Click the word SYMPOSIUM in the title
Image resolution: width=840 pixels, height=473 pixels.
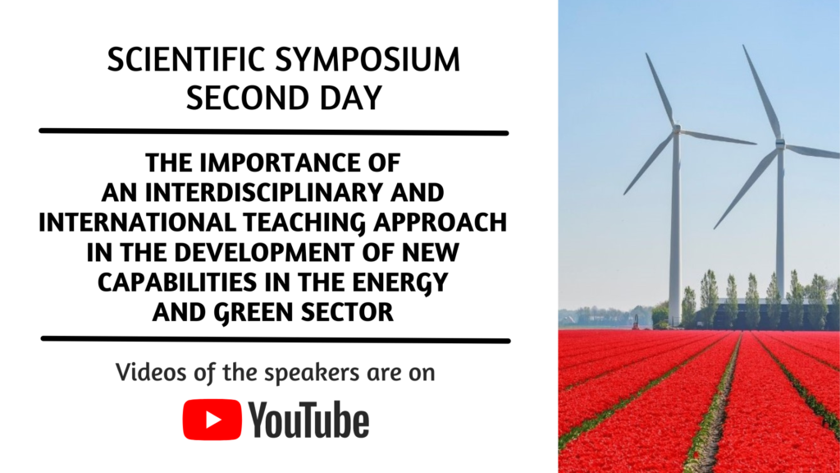[x=367, y=59]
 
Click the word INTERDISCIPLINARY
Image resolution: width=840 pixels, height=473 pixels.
[x=264, y=192]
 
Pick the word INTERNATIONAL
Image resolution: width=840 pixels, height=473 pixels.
[x=137, y=223]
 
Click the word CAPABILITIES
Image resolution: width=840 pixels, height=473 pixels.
[x=177, y=282]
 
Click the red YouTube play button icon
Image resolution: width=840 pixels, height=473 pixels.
[x=212, y=420]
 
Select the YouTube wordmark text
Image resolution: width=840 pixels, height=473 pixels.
[x=309, y=420]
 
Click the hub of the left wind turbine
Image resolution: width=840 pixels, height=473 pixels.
[x=677, y=129]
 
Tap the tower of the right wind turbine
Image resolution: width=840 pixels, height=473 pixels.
[x=780, y=225]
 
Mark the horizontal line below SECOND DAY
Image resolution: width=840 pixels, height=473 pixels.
[x=274, y=131]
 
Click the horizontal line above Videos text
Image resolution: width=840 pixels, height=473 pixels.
[x=276, y=339]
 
